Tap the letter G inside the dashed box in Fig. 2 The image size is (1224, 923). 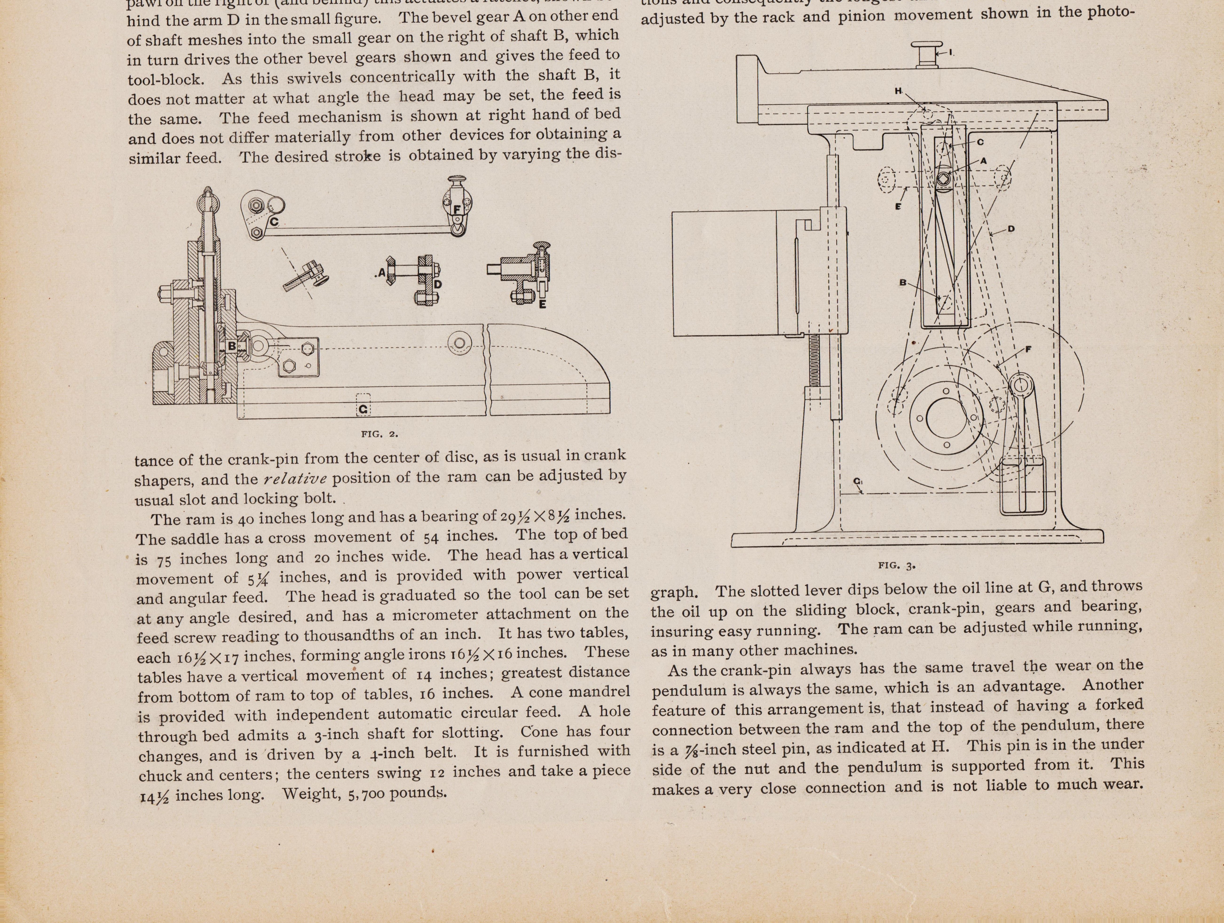[x=363, y=409]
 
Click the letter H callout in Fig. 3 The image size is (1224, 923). [x=898, y=90]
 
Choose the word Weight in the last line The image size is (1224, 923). [x=310, y=794]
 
